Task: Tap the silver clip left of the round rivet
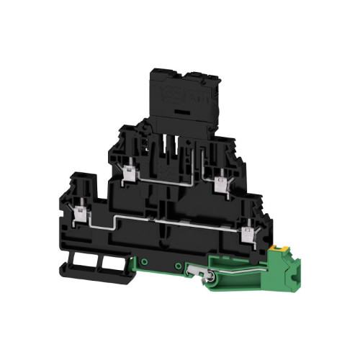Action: tap(192, 271)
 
